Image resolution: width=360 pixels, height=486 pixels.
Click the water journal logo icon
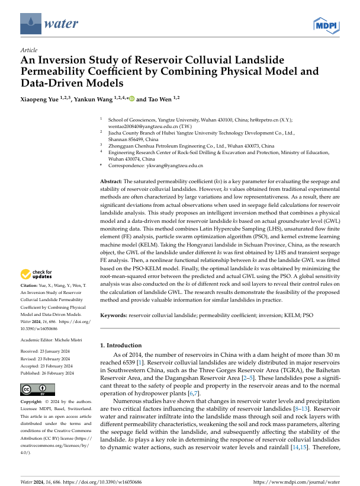(x=30, y=24)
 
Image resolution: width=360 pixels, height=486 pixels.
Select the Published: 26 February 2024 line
(x=47, y=373)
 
